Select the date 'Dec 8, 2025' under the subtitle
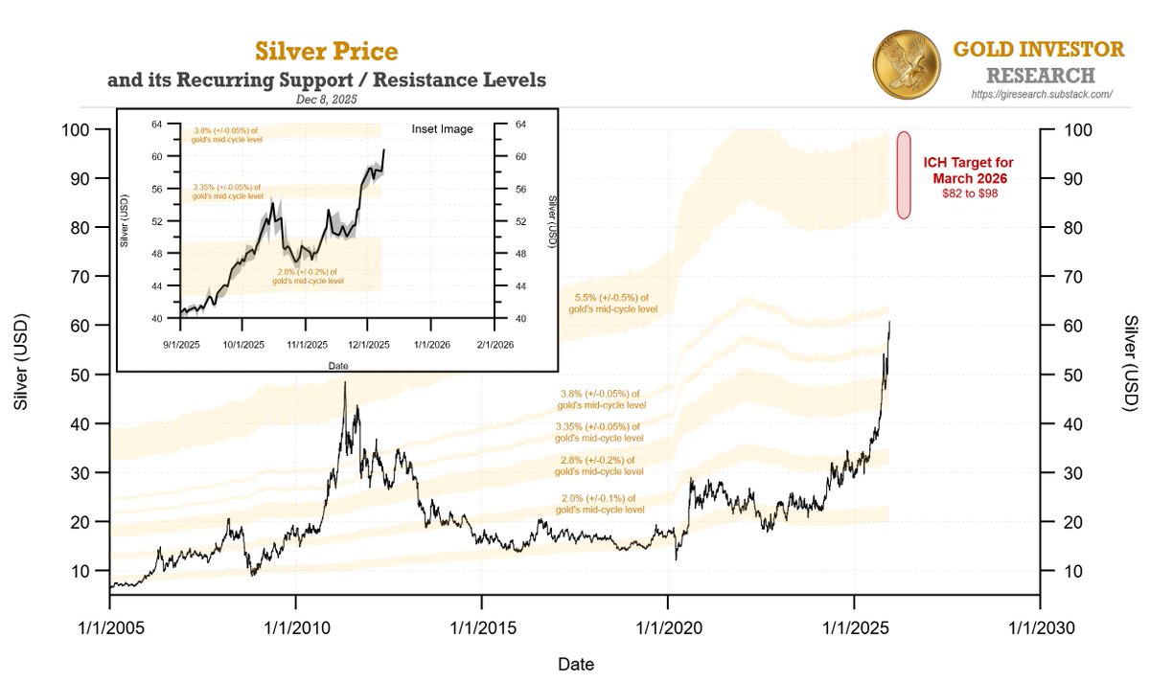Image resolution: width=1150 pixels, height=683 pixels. [x=326, y=99]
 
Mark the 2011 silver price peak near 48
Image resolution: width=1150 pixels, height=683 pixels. [x=345, y=382]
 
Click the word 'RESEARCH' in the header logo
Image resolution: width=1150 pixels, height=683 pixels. [x=1040, y=75]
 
